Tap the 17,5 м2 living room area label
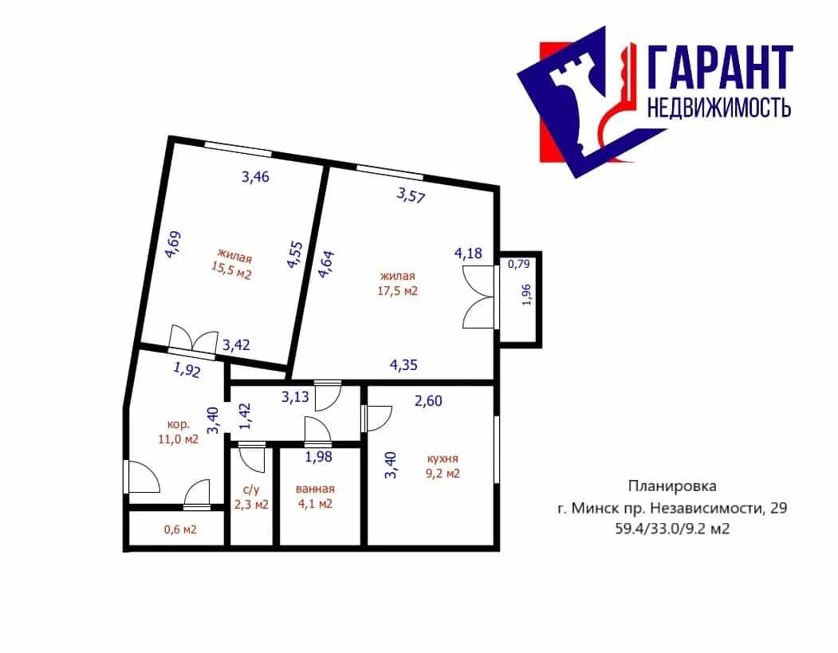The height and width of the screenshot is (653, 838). pyautogui.click(x=398, y=284)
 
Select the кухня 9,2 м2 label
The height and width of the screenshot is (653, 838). pyautogui.click(x=443, y=466)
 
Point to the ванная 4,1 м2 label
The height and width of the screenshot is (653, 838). pyautogui.click(x=315, y=497)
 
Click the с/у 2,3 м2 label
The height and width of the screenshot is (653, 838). pyautogui.click(x=251, y=497)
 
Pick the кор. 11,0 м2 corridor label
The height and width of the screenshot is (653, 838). pyautogui.click(x=179, y=432)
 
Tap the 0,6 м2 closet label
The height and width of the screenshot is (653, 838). pyautogui.click(x=180, y=529)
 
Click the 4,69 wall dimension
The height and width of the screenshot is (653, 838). pyautogui.click(x=173, y=245)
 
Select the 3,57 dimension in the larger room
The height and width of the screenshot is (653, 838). pyautogui.click(x=411, y=195)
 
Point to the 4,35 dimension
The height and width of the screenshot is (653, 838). pyautogui.click(x=403, y=365)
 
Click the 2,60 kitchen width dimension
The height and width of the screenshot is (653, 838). pyautogui.click(x=428, y=401)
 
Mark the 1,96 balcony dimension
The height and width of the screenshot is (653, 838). pyautogui.click(x=526, y=294)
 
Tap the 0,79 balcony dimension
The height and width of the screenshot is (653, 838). pyautogui.click(x=518, y=264)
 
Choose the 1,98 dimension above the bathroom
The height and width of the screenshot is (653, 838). pyautogui.click(x=318, y=457)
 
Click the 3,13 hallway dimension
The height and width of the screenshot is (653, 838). pyautogui.click(x=295, y=397)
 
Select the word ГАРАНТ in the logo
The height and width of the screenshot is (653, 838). pyautogui.click(x=720, y=67)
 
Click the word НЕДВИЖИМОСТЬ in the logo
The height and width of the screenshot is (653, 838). pyautogui.click(x=719, y=108)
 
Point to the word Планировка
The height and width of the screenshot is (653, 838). pyautogui.click(x=672, y=486)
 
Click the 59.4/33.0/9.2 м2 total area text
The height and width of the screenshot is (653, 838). pyautogui.click(x=672, y=529)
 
